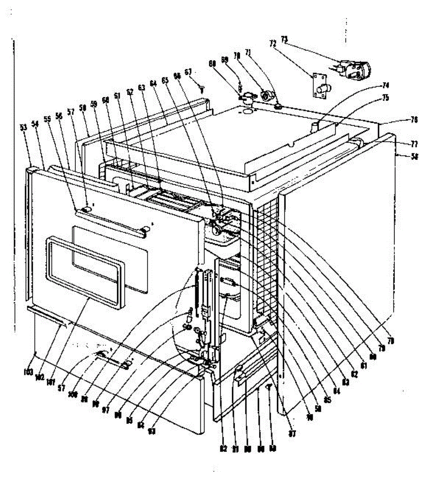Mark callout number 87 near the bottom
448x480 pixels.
(x=292, y=433)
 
